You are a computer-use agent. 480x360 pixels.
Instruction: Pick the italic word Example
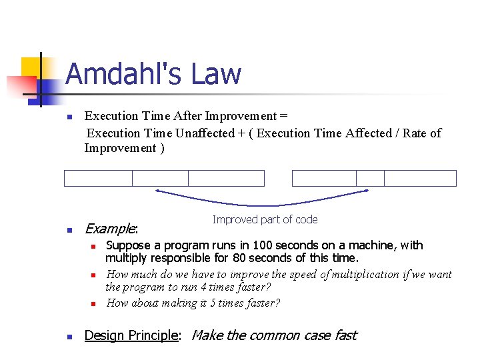tap(109, 229)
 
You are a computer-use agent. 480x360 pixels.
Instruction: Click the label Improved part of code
tap(265, 219)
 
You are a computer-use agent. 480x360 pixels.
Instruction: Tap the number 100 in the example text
tap(261, 245)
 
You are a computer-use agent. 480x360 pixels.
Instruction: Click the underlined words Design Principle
tap(131, 335)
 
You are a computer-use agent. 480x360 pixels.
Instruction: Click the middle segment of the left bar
tap(160, 178)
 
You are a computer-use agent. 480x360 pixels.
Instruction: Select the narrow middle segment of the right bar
tap(370, 178)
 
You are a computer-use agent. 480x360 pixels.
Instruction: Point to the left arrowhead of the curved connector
tap(157, 191)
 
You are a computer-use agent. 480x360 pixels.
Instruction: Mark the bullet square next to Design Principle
tap(68, 337)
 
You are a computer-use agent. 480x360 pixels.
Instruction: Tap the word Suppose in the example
tap(127, 245)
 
